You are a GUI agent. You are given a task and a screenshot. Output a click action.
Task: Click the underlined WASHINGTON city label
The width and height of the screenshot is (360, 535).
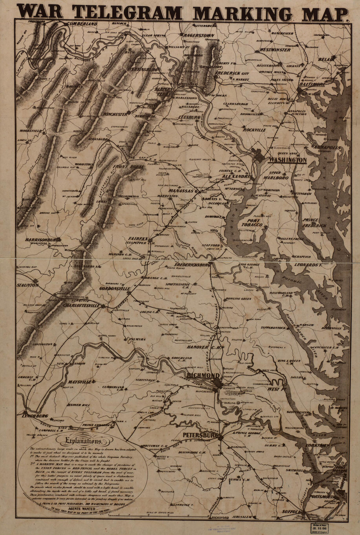(x=287, y=161)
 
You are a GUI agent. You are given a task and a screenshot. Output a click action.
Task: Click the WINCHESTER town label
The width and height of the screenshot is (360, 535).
(x=115, y=114)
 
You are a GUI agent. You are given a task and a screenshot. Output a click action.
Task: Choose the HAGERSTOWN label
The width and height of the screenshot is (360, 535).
(x=198, y=35)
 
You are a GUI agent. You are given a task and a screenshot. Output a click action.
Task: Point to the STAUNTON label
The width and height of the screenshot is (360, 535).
(x=28, y=285)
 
